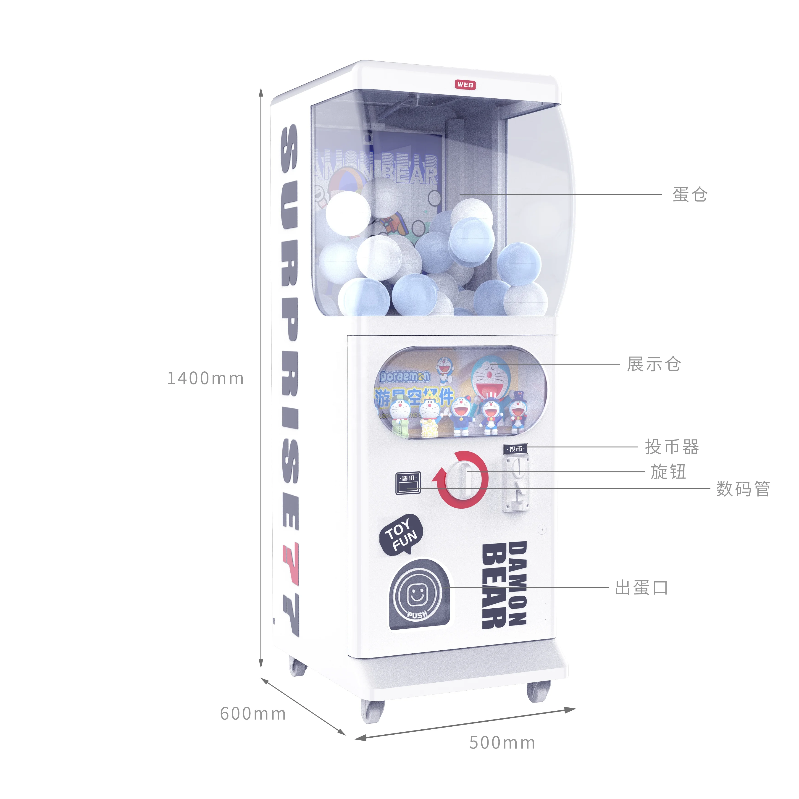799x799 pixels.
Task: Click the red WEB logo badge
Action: tap(465, 85)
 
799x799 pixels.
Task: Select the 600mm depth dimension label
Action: tap(253, 713)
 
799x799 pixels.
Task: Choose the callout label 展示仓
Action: tap(653, 364)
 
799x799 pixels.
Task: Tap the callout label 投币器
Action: tap(672, 447)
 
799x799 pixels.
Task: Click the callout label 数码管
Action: tap(743, 489)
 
